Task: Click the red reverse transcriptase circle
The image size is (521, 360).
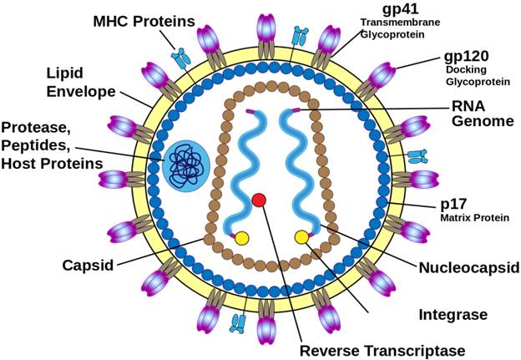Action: pyautogui.click(x=259, y=200)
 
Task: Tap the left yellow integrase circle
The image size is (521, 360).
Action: pyautogui.click(x=241, y=238)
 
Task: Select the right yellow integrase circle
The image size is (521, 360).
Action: pyautogui.click(x=301, y=237)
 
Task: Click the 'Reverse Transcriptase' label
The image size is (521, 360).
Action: pyautogui.click(x=381, y=350)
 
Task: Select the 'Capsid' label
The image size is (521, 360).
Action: pyautogui.click(x=88, y=266)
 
